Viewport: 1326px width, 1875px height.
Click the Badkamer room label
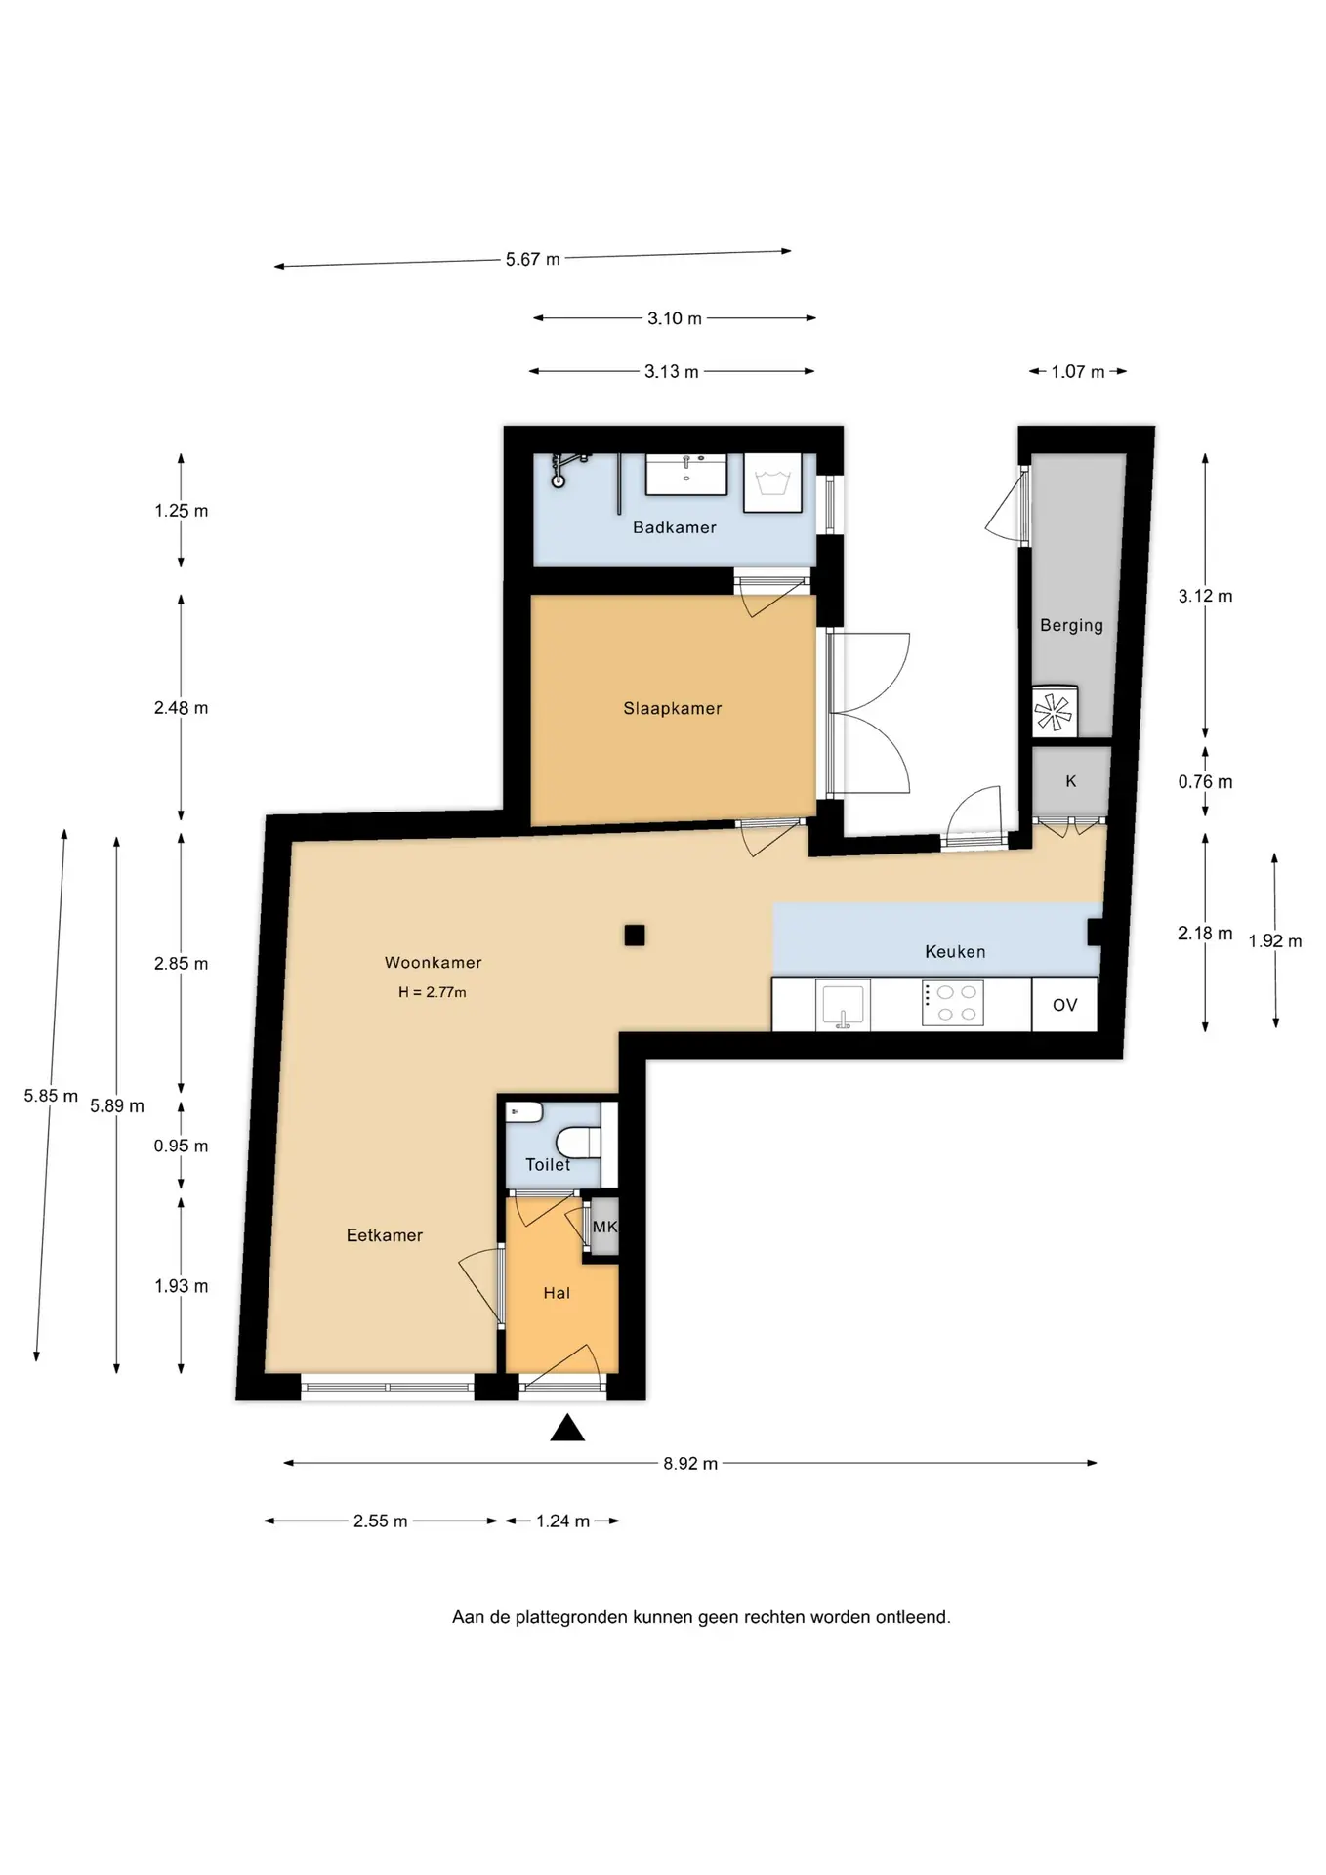(x=674, y=527)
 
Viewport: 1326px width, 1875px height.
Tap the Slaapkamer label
(x=673, y=709)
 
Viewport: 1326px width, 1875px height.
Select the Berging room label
(x=1071, y=626)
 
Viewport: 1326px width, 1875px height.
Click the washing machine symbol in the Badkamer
(x=773, y=482)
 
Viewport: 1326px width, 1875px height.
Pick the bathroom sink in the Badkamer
(x=686, y=474)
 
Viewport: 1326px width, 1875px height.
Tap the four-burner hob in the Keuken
(x=953, y=1003)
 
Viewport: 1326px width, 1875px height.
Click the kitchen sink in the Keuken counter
(x=843, y=1006)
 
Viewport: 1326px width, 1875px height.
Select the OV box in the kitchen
(x=1064, y=1005)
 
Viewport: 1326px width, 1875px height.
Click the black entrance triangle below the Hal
(x=567, y=1429)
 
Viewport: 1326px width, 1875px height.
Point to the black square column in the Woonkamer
(x=635, y=936)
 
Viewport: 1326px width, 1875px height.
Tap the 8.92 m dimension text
(x=690, y=1464)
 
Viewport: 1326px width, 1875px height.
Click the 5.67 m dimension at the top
(x=533, y=260)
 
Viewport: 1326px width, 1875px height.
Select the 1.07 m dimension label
(x=1078, y=372)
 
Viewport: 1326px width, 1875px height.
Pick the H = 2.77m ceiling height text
(x=433, y=992)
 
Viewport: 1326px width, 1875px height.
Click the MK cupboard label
(x=604, y=1227)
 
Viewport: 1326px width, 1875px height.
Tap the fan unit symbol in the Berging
(x=1054, y=711)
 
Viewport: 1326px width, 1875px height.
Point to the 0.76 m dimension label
(x=1205, y=782)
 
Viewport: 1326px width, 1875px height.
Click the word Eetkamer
(x=385, y=1235)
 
